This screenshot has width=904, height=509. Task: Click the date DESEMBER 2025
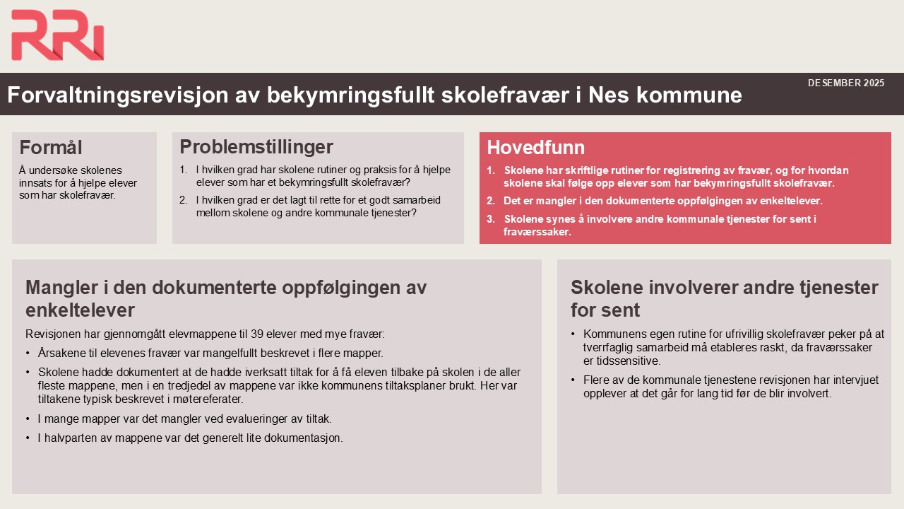tap(845, 83)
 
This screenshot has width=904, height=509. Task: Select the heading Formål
tap(51, 148)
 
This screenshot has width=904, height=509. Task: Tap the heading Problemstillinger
tap(256, 147)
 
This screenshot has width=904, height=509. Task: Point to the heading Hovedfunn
tap(535, 148)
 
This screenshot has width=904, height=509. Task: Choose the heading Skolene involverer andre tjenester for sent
tap(724, 298)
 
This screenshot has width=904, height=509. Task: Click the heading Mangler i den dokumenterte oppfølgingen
tap(226, 298)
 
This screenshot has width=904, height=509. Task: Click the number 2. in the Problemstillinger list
tap(184, 200)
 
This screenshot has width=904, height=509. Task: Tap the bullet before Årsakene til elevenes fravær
tap(28, 353)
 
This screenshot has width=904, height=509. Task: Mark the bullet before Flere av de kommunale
tap(573, 380)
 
